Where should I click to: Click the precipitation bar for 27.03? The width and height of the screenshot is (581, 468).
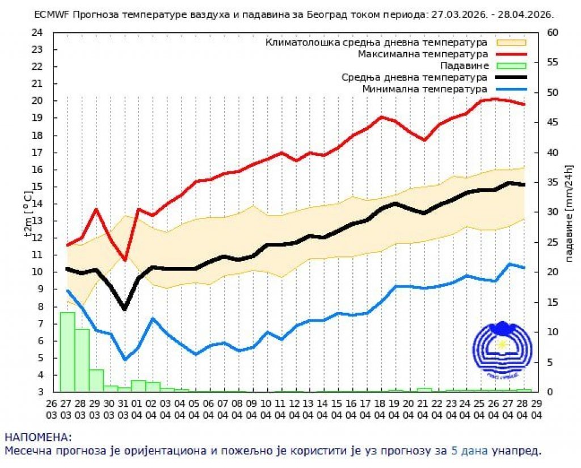[x=68, y=352]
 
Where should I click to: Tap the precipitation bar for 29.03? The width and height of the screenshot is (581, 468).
[x=96, y=380]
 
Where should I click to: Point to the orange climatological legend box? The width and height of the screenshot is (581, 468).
[x=511, y=42]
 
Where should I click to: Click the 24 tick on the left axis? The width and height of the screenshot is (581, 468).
[x=38, y=32]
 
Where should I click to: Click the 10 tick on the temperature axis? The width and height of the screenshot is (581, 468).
[x=38, y=272]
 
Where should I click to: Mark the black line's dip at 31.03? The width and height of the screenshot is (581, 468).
[x=125, y=309]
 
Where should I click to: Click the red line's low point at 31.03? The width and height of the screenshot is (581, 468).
[x=125, y=260]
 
